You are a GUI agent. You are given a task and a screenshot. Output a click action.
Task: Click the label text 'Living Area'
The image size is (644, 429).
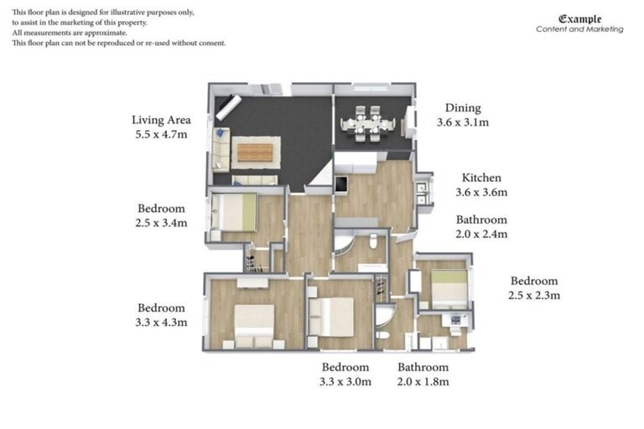coord(161,120)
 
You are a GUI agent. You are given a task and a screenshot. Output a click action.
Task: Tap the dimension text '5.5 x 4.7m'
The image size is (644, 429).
coord(161,134)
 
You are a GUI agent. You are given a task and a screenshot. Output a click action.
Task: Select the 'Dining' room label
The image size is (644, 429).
coord(462,108)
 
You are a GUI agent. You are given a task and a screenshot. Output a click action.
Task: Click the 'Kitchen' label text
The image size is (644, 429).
coord(481,178)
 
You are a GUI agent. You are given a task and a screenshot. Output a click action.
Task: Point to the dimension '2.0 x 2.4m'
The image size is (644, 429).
coord(481,235)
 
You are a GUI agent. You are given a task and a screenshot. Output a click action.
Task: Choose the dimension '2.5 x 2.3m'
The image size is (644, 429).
coord(534,295)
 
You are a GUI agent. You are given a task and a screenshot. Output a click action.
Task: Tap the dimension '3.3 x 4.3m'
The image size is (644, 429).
coord(161,322)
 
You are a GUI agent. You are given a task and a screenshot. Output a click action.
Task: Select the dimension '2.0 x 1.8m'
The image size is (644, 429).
coord(423,381)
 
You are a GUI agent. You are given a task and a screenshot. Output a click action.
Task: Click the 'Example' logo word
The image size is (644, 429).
coord(579,18)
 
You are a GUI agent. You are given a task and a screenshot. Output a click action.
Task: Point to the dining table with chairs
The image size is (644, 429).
coord(367,124)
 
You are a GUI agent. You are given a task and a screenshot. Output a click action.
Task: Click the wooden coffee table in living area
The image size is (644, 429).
coord(255,152)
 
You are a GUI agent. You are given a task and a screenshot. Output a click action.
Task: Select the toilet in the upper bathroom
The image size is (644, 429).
coord(373,243)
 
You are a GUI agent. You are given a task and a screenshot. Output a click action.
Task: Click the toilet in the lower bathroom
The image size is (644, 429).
coord(382,334)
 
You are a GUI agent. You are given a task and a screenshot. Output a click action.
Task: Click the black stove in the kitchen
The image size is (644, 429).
coord(341,185)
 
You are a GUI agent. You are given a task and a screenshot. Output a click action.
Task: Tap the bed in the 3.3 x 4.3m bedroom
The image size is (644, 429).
coord(253,323)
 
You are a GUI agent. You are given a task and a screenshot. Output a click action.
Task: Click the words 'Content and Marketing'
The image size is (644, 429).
coord(579,29)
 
